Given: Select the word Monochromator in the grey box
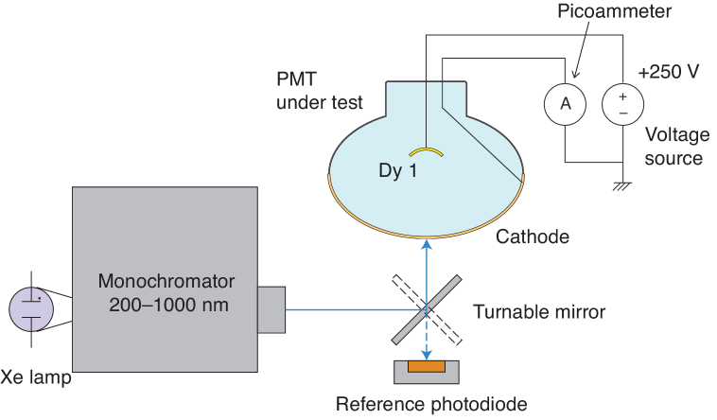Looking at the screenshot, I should coord(166,282).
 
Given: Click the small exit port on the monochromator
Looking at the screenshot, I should coord(271,308).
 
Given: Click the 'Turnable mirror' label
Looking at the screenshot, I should coord(539,311).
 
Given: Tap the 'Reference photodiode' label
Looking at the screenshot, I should coord(431,405).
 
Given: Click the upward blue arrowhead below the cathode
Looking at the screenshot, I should coord(427,245).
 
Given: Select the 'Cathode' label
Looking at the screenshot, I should coord(533,236).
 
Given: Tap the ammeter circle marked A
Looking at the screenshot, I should coord(565,104).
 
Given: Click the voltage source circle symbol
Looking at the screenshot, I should coord(622,104).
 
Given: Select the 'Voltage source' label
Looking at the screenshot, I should coord(673,147).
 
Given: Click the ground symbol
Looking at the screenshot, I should coord(622,185).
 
